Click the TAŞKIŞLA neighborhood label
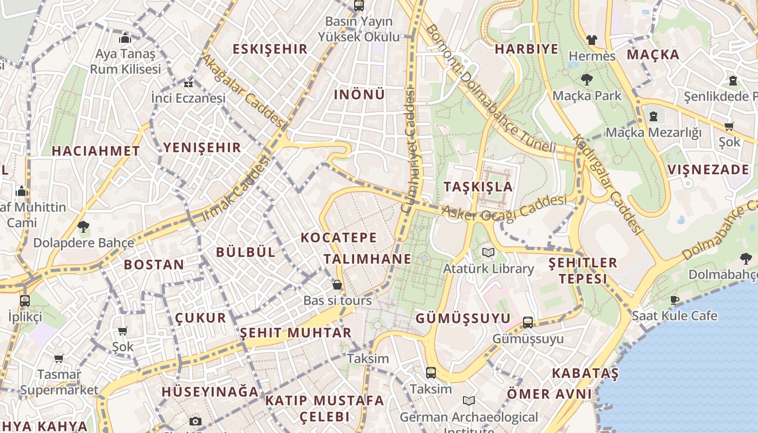tap(478, 187)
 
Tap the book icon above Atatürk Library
tap(488, 252)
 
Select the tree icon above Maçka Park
tap(586, 80)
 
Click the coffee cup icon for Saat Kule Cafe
tap(675, 300)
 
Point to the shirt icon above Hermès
tap(591, 40)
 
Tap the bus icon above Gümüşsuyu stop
tap(528, 323)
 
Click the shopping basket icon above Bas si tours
tap(337, 285)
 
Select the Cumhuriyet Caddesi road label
tap(409, 152)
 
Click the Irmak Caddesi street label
tap(236, 188)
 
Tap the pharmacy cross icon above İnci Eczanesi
tap(188, 83)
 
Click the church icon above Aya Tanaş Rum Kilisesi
tap(125, 38)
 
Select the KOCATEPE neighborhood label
tap(338, 238)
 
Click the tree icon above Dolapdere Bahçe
tap(83, 226)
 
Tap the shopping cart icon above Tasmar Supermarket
tap(58, 358)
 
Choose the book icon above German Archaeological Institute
tap(469, 401)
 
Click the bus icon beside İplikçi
tap(24, 301)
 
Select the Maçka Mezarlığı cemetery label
tap(653, 133)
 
